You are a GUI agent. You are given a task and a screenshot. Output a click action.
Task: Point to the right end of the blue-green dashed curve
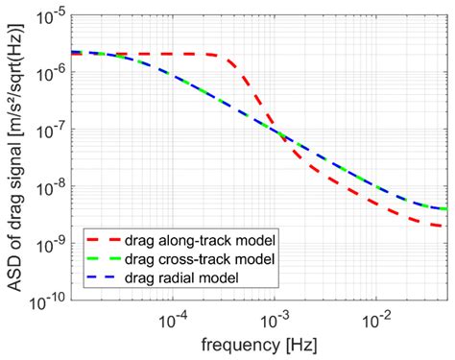(x=444, y=208)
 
